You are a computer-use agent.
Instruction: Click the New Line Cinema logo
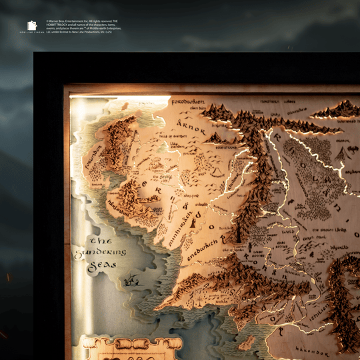pos(32,26)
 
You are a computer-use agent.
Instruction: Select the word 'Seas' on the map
pos(101,265)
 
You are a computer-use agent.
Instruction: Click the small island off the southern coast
pos(246,343)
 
